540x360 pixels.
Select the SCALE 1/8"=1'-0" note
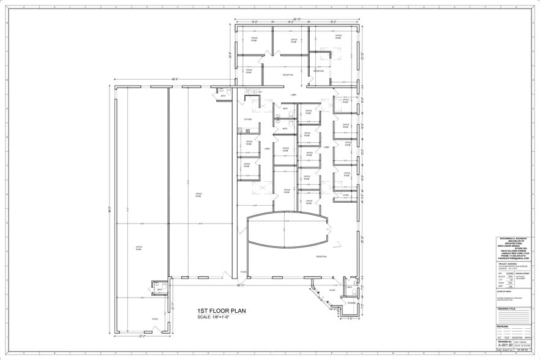217,317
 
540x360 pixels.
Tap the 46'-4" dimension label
174,79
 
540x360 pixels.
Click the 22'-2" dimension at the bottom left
142,336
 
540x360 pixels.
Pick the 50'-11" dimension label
241,285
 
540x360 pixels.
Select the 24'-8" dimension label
231,54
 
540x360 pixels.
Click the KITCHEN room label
248,119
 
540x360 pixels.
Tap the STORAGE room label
351,303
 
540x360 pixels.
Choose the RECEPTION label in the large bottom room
321,257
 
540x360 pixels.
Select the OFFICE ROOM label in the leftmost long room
138,249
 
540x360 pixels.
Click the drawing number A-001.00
505,346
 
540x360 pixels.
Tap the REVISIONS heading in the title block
503,326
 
